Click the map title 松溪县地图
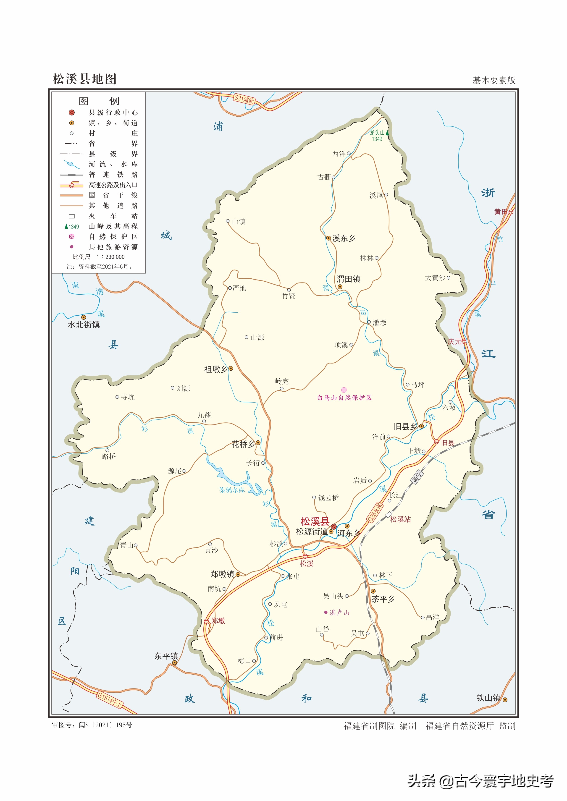click(84, 79)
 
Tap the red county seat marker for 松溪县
click(333, 526)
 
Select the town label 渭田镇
click(348, 279)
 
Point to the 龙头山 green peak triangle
click(387, 133)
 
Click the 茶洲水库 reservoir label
click(232, 490)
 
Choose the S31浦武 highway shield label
click(244, 99)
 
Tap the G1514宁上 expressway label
click(110, 700)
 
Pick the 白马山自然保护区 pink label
click(344, 398)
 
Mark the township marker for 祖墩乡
click(231, 368)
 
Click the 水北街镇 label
click(84, 325)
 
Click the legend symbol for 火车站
click(72, 216)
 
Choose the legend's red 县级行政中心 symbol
click(72, 112)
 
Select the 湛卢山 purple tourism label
click(339, 613)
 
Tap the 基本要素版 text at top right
click(494, 81)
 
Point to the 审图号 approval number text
click(92, 725)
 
